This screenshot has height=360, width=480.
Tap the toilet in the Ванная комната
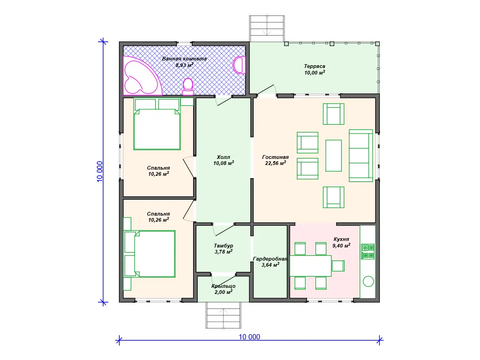(187, 86)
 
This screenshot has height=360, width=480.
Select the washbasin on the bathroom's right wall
(240, 65)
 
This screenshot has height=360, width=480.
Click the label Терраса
(315, 66)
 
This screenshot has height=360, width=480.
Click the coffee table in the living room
(333, 156)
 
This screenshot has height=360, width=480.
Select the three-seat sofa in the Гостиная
(361, 156)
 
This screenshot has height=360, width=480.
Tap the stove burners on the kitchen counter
(367, 251)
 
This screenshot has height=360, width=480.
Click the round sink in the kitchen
(368, 281)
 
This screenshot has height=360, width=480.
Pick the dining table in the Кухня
(310, 266)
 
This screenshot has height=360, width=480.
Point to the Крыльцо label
(224, 286)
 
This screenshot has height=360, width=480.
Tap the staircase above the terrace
(267, 29)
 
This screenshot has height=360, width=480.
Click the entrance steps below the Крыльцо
(223, 315)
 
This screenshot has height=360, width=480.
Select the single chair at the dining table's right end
(338, 266)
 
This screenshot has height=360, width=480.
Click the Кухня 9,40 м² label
(341, 242)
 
